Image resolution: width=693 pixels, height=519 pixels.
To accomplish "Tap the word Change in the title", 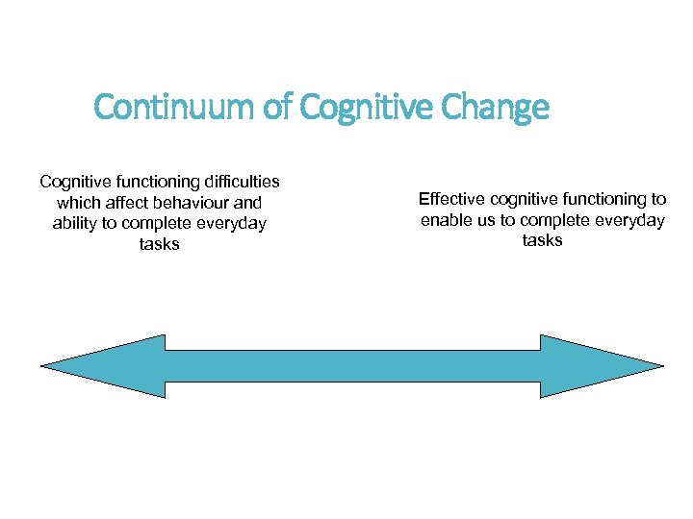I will point(495,108).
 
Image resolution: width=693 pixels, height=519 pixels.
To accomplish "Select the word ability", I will point(73,223).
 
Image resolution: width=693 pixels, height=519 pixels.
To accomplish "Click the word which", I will point(77,202).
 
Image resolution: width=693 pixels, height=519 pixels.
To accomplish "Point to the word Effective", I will point(450,199).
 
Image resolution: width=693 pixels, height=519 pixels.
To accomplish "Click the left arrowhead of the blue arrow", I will point(96,365).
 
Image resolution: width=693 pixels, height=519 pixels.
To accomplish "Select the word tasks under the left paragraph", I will point(159,244).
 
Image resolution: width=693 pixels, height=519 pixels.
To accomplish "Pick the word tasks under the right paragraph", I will point(542,241).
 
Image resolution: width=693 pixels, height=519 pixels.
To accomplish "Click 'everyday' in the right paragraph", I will point(629,220).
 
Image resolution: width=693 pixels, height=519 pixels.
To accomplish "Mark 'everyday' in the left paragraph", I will point(231,223).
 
